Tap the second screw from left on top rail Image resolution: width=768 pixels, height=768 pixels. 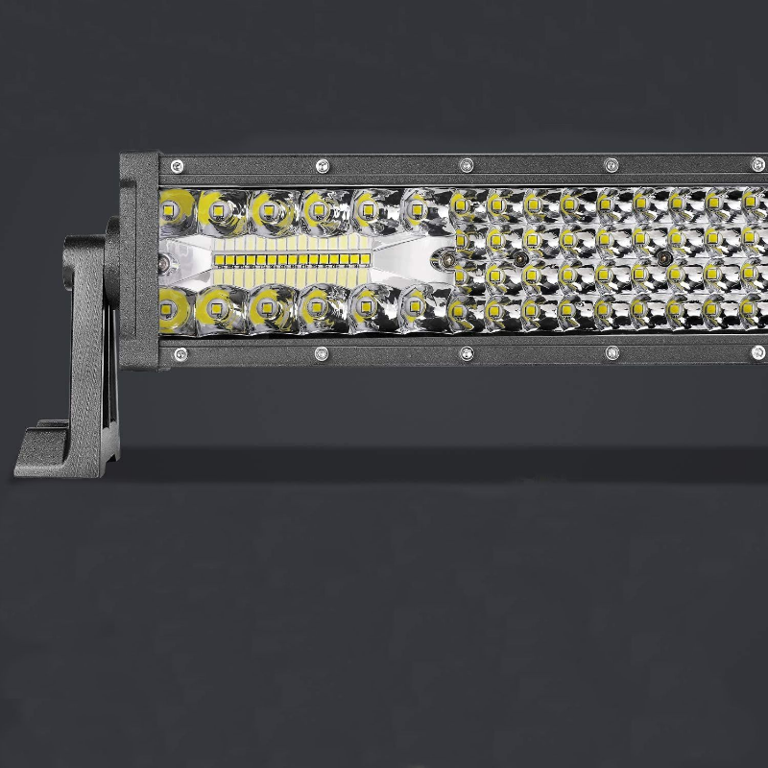(320, 164)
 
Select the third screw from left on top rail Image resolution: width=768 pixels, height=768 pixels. (467, 164)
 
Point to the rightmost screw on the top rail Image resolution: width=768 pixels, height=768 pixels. (758, 164)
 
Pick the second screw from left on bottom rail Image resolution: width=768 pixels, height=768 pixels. (320, 354)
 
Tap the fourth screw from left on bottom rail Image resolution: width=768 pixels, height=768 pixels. (612, 353)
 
